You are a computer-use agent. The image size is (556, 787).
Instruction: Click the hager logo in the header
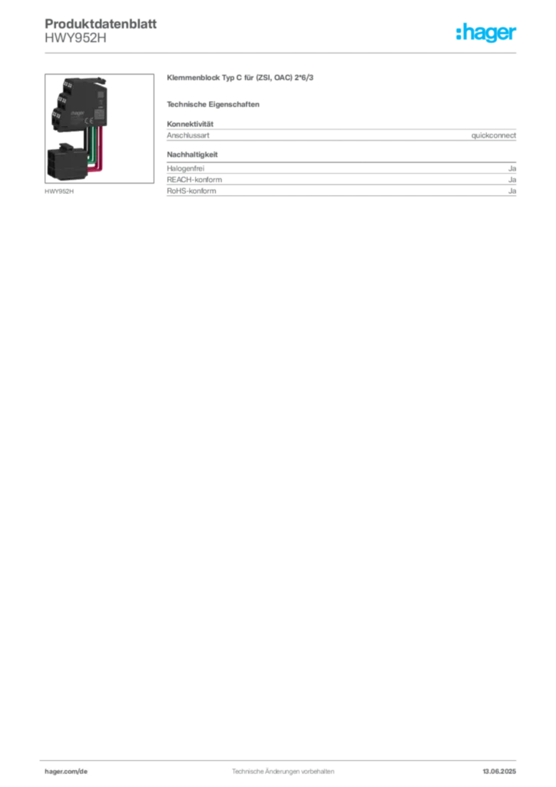[486, 33]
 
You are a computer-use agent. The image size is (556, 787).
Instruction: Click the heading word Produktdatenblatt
[101, 24]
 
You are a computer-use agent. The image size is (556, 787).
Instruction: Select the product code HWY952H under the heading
[76, 38]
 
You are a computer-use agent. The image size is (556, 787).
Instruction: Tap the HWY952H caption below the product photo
[59, 191]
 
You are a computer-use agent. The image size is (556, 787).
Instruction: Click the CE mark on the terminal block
[88, 121]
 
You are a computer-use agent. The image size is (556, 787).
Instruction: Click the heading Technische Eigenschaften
[213, 105]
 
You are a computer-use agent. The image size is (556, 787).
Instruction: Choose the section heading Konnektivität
[190, 124]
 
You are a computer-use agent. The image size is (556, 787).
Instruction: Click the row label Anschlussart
[188, 135]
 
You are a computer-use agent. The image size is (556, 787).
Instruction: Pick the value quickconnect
[493, 135]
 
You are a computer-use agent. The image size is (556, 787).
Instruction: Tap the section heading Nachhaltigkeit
[192, 154]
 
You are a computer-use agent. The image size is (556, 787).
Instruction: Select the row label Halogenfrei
[186, 168]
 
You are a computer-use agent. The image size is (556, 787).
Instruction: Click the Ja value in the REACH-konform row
[512, 180]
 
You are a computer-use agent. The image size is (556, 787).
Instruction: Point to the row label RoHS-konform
[191, 191]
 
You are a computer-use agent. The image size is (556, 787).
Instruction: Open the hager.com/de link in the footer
[66, 772]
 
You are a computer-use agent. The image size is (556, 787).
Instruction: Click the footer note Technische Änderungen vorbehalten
[283, 772]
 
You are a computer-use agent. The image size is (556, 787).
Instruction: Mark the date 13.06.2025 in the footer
[499, 772]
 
